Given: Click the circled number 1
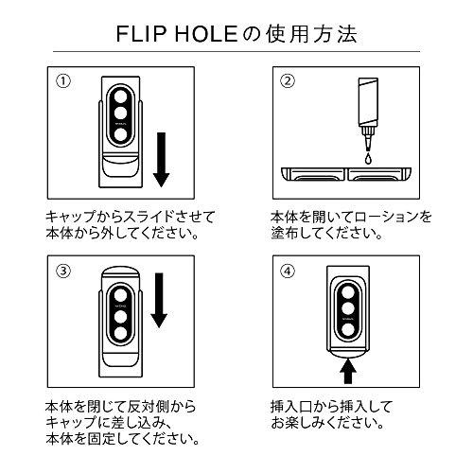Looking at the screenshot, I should pos(62,80).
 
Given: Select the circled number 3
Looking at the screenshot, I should pos(62,269).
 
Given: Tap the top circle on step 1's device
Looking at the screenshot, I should pos(122,105).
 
